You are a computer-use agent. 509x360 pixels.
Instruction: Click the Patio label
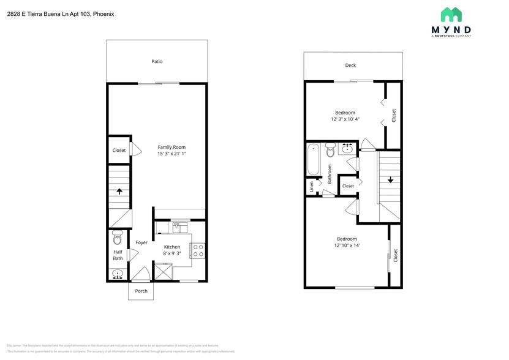coord(157,61)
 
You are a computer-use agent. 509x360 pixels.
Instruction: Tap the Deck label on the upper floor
coord(350,65)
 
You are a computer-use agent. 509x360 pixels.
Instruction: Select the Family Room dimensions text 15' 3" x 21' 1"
coord(172,154)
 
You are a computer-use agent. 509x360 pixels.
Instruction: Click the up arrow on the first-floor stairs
coord(119,190)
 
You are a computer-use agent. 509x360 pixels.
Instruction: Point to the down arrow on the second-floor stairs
coord(390,179)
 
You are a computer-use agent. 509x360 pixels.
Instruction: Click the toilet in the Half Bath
coord(118,239)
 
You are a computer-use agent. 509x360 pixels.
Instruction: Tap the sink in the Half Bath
coord(118,274)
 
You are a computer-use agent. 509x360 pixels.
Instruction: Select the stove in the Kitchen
coord(198,250)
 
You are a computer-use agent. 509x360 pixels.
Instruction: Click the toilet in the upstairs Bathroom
coord(331,149)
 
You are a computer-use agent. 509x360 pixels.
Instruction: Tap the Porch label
coord(141,291)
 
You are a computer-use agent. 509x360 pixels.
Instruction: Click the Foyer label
coord(141,242)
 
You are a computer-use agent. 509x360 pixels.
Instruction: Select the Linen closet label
coord(312,186)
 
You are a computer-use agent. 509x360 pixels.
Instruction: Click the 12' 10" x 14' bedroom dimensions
coord(347,246)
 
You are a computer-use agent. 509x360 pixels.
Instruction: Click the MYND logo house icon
coord(451,15)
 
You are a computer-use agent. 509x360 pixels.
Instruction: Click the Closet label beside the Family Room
coord(119,150)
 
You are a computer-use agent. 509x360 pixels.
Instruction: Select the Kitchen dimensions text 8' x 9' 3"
coord(172,253)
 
